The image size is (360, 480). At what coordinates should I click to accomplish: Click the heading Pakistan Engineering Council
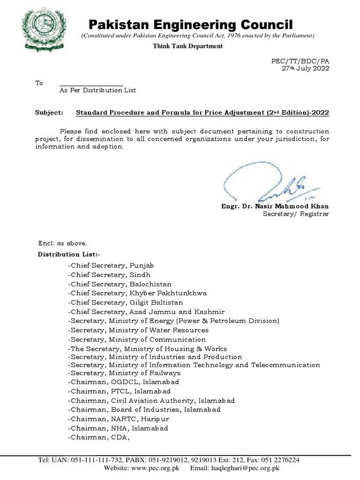(191, 24)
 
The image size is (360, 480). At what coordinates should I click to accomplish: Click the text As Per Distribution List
(97, 90)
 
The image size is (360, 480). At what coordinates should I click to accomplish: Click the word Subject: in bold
(49, 113)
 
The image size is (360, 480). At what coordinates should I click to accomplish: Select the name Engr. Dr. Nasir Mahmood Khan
(275, 206)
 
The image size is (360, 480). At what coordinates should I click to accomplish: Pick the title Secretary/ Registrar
(295, 214)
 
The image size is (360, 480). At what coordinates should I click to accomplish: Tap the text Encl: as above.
(62, 243)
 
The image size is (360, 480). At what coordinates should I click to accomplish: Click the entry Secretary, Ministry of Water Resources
(138, 330)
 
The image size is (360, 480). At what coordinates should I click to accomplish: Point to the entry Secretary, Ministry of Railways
(124, 373)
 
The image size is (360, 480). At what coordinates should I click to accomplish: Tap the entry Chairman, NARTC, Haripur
(119, 419)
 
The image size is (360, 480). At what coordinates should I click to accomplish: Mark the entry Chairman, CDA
(98, 437)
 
